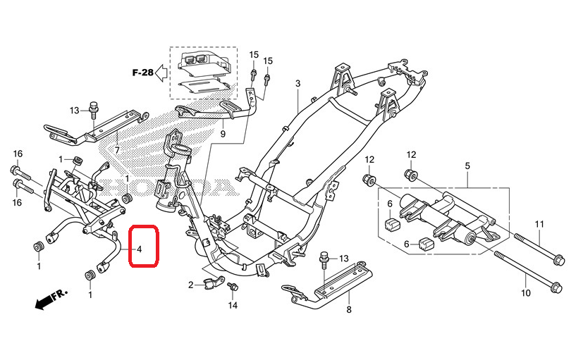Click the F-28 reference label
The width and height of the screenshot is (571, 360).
pos(142,73)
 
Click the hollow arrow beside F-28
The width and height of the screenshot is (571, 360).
pos(161,73)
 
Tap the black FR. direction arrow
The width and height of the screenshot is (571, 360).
pos(43,302)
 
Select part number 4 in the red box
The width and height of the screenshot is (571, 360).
pos(139,249)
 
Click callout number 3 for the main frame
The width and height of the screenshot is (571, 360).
pos(298,83)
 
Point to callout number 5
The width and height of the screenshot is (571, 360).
pos(467,166)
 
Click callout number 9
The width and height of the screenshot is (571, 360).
pos(223,134)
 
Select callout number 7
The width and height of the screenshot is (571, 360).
pos(117,150)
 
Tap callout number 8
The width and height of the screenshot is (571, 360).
pos(349,310)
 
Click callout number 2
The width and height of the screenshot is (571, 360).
pos(191,285)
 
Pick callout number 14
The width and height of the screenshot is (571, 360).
pos(233,305)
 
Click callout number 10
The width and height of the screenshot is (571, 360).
pos(526,292)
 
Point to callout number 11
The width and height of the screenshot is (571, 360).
pos(539,224)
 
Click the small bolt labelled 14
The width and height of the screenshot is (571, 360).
pos(233,287)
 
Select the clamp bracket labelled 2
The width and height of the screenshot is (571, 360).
pos(214,283)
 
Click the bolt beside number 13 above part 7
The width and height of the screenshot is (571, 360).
pos(93,111)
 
